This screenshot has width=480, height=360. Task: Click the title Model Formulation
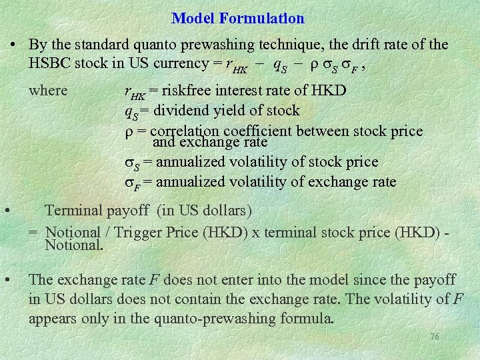(238, 19)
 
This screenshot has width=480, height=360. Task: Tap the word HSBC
(53, 64)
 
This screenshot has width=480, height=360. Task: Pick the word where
(48, 91)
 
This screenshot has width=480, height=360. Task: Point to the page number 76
(434, 337)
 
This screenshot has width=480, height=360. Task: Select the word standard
(95, 45)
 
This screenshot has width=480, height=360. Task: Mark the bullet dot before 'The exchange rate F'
(7, 279)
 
